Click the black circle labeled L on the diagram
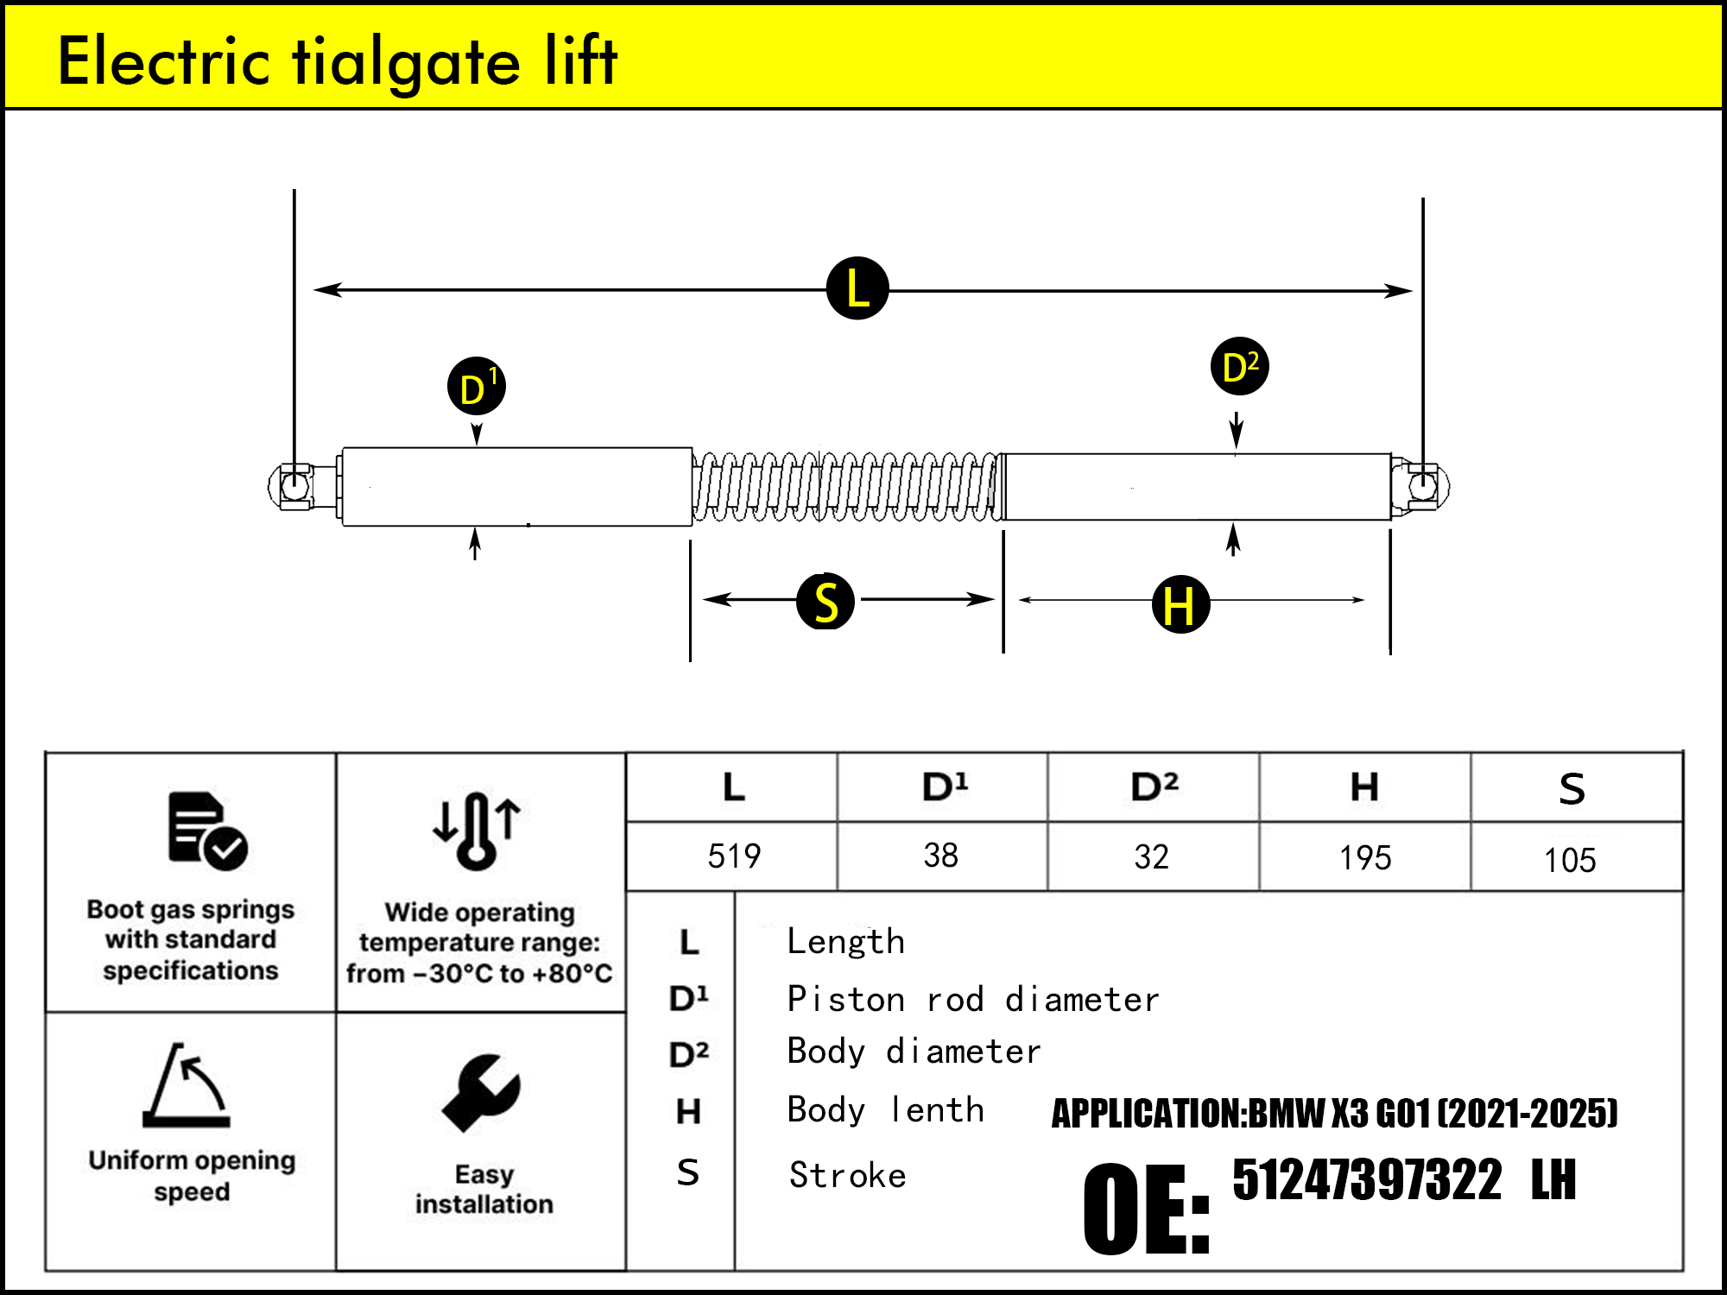[x=857, y=288]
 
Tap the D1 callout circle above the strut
[x=476, y=386]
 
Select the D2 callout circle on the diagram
[x=1239, y=366]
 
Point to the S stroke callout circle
[x=826, y=602]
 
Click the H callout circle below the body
[x=1180, y=604]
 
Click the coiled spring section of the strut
[x=846, y=487]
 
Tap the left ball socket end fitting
[x=294, y=486]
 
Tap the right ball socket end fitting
[x=1422, y=486]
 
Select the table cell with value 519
[x=733, y=856]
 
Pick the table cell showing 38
[x=940, y=856]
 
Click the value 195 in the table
[x=1364, y=857]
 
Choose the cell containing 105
[x=1569, y=860]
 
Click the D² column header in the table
[x=1154, y=787]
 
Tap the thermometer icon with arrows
[x=477, y=831]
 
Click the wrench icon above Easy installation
[x=481, y=1092]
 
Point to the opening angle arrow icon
[x=187, y=1085]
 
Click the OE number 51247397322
[x=1367, y=1180]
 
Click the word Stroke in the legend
[x=847, y=1175]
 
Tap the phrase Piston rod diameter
[x=972, y=1000]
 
